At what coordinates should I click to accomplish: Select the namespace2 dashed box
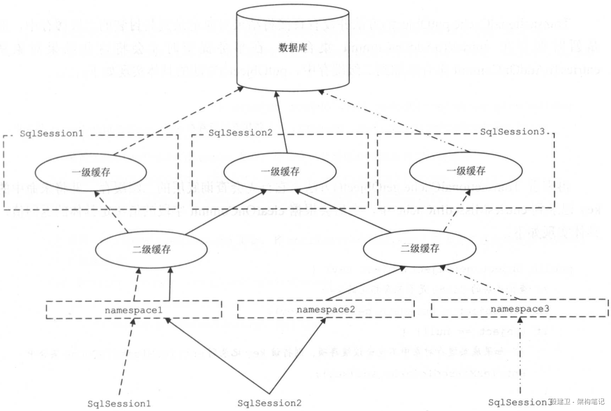pyautogui.click(x=326, y=309)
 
